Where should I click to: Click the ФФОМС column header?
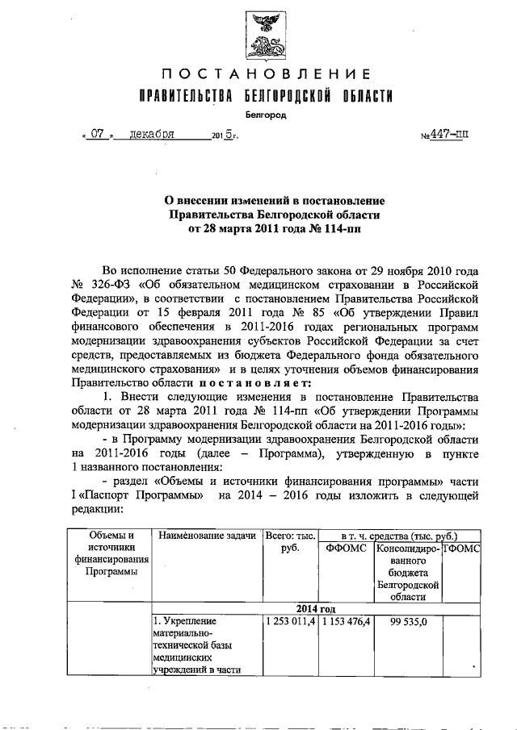(346, 548)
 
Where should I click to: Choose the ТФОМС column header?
(462, 548)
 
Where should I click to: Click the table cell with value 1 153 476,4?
(346, 622)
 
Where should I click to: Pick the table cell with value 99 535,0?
(406, 622)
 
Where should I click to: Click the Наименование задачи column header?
(208, 536)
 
